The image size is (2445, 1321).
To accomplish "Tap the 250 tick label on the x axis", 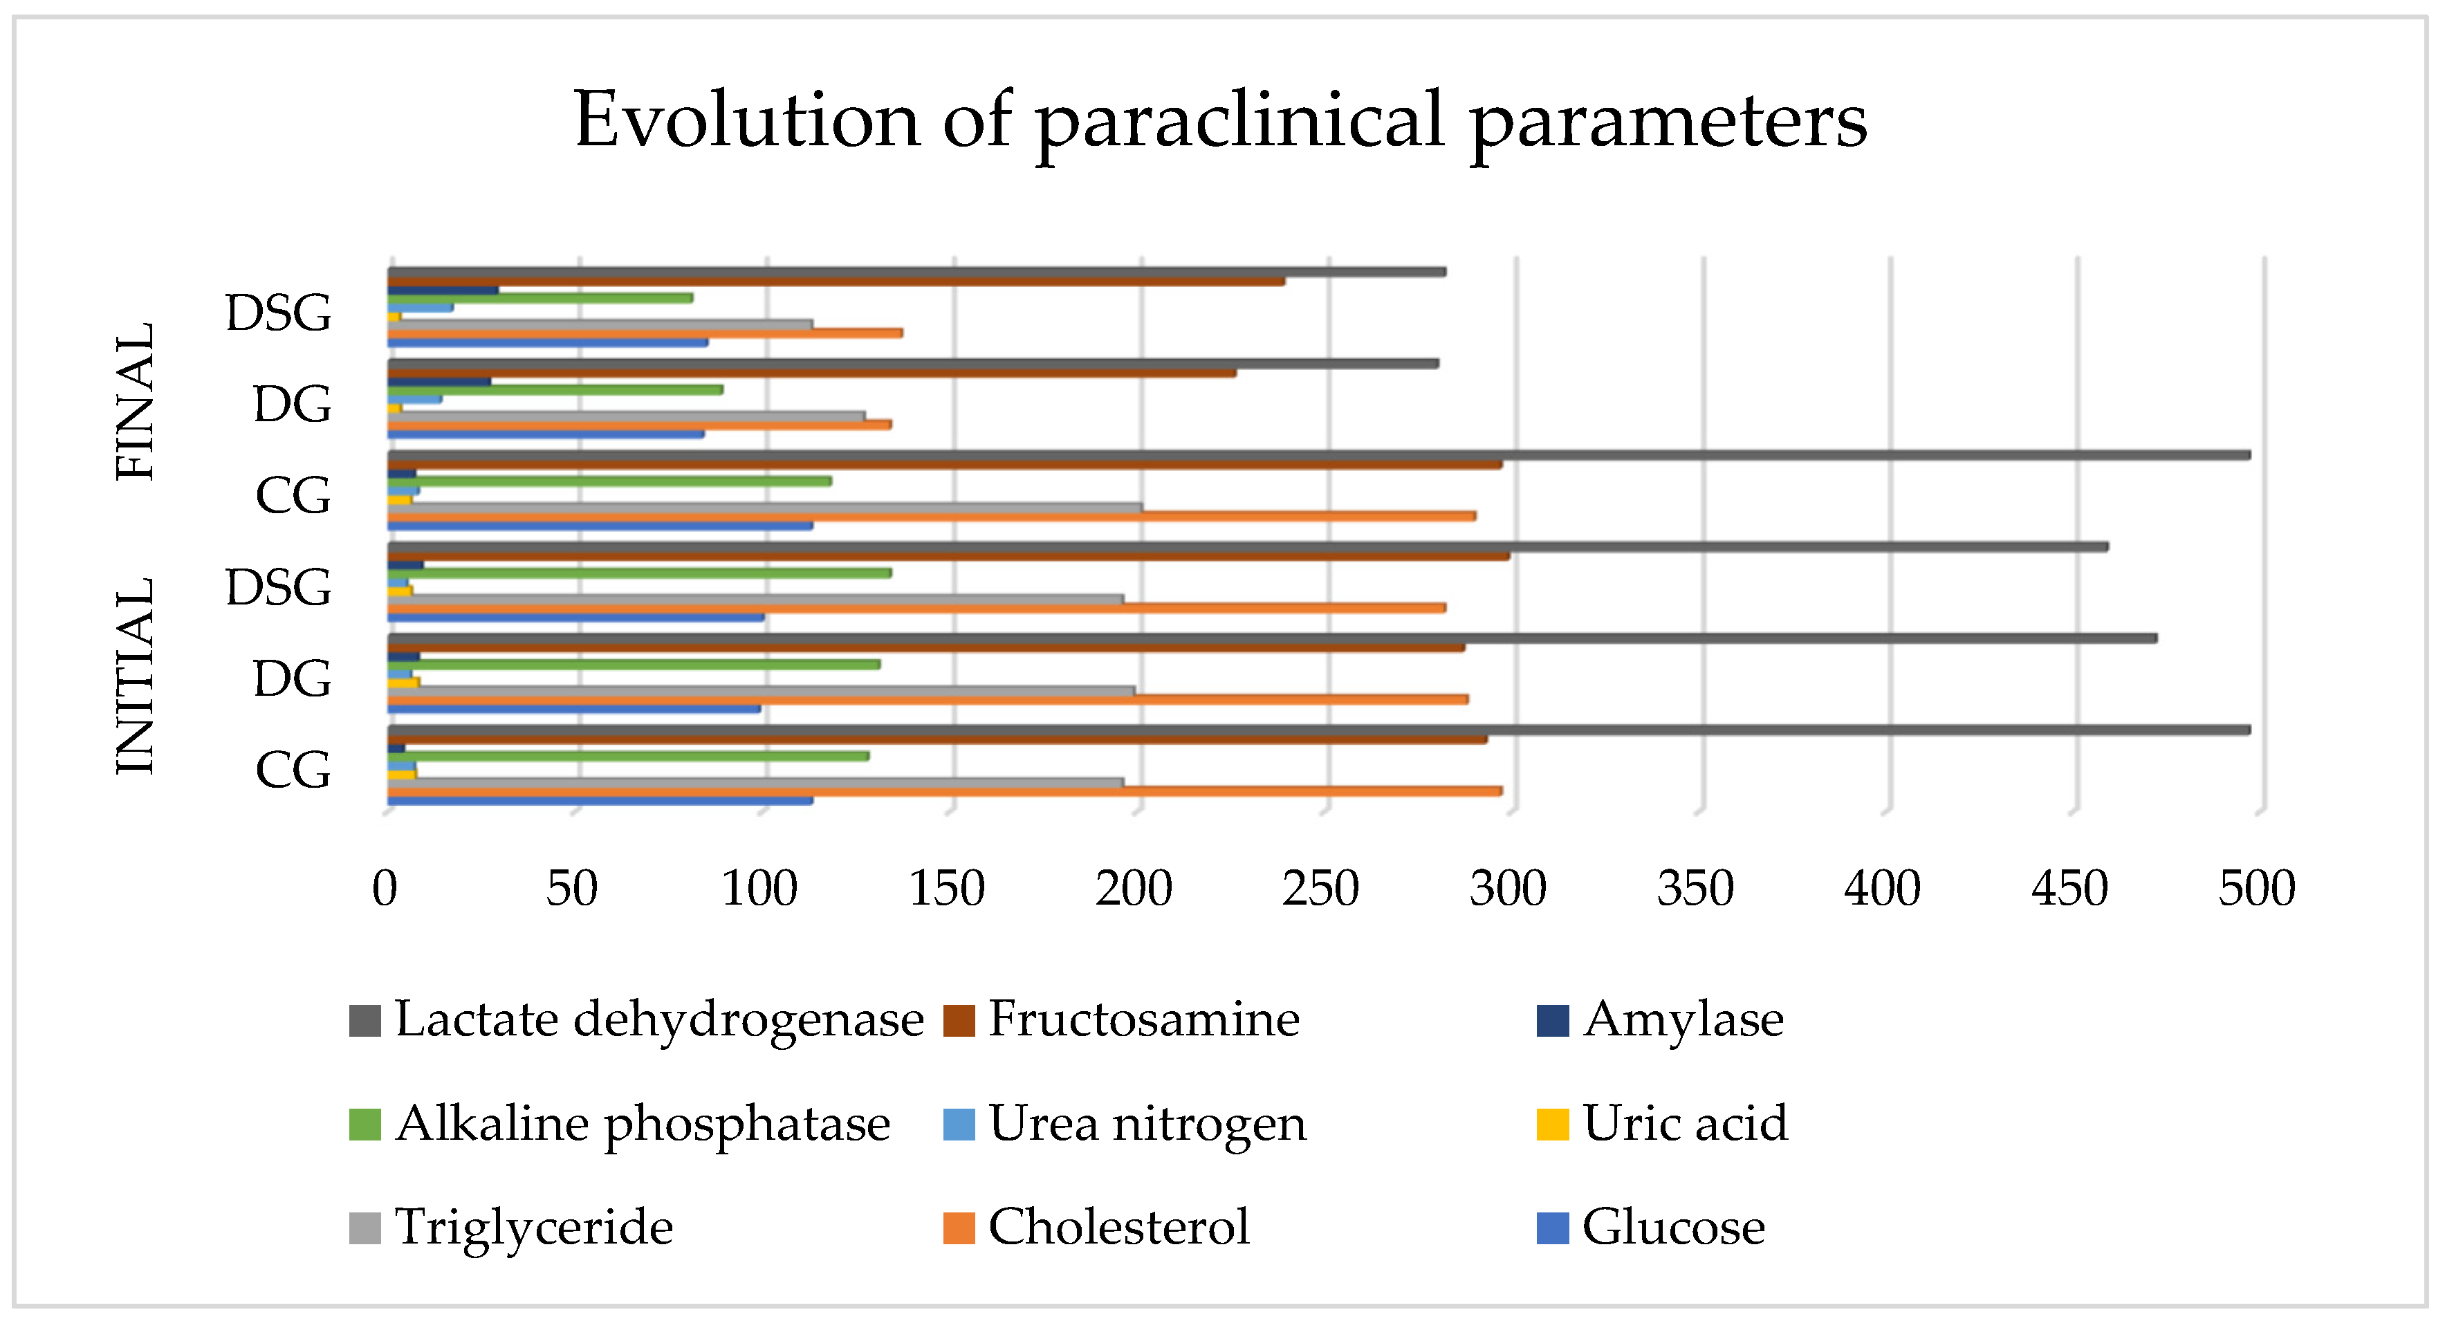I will pyautogui.click(x=1320, y=889).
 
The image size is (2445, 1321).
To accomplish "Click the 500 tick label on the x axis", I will pyautogui.click(x=2256, y=889).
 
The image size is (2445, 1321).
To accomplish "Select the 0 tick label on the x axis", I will pyautogui.click(x=385, y=889).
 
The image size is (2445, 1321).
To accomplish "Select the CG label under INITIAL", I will pyautogui.click(x=293, y=770).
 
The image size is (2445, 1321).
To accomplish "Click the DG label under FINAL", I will pyautogui.click(x=293, y=405).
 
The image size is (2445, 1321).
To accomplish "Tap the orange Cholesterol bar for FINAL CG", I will pyautogui.click(x=930, y=516).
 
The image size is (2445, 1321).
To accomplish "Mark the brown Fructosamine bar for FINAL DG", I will pyautogui.click(x=811, y=373).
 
